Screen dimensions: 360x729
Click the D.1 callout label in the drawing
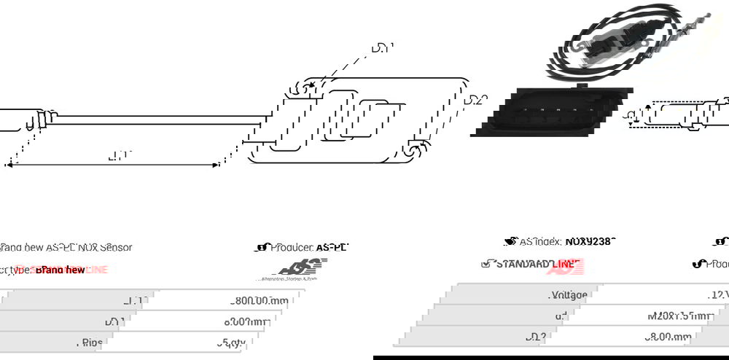tap(382, 49)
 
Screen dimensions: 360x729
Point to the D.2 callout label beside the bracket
tap(475, 100)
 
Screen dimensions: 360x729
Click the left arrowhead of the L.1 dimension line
tap(9, 165)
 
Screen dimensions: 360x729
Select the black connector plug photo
tap(550, 112)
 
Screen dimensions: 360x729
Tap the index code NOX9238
tap(590, 241)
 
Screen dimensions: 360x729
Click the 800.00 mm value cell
tap(260, 300)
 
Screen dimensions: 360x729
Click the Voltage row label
tap(568, 295)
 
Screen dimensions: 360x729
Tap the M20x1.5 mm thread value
tap(679, 316)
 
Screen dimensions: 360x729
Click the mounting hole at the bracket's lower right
tap(413, 151)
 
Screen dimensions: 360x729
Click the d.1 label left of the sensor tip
tap(631, 115)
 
